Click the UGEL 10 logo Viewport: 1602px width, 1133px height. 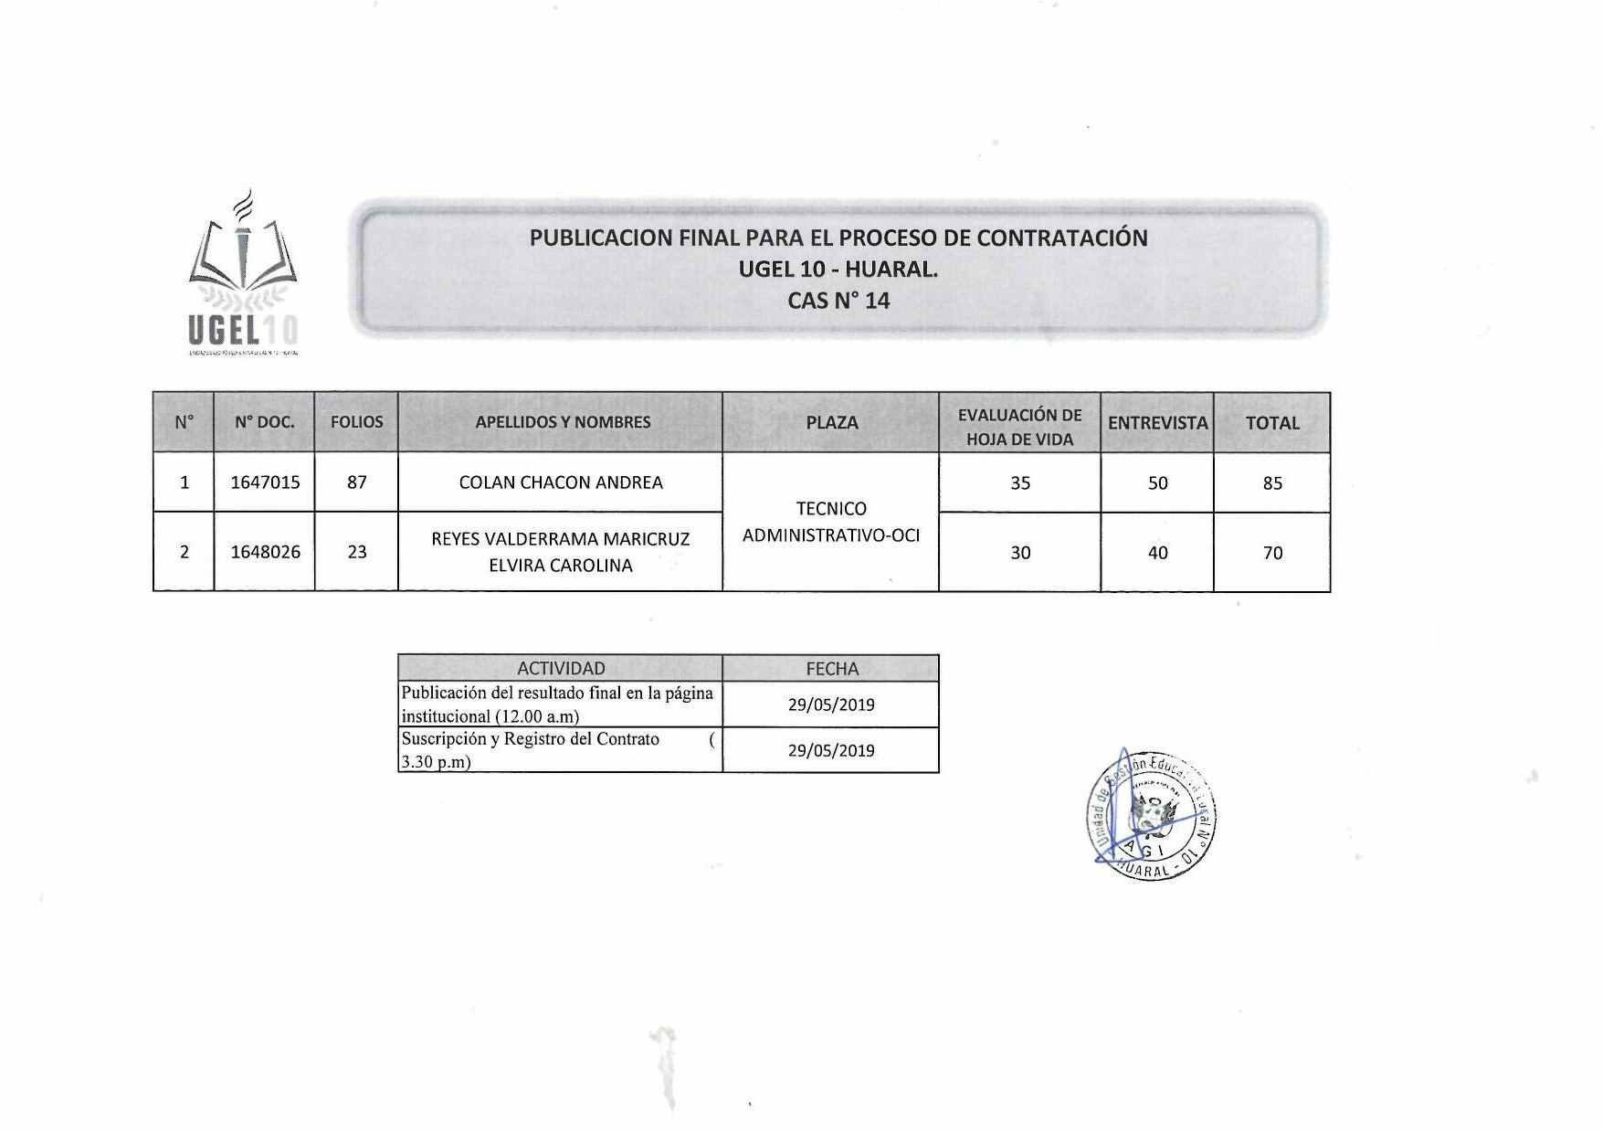tap(243, 274)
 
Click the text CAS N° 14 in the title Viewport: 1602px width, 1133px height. tap(838, 301)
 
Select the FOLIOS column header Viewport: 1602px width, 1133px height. tap(356, 422)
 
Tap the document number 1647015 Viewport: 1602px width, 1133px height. tap(265, 482)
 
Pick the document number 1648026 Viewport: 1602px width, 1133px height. tap(265, 552)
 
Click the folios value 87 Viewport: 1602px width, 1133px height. tap(356, 482)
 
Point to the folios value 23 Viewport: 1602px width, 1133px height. tap(356, 552)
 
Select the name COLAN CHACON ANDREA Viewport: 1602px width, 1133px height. tap(561, 482)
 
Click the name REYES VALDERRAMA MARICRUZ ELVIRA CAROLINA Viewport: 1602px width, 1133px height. tap(561, 552)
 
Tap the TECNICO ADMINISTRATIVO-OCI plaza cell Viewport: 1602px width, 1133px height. tap(831, 522)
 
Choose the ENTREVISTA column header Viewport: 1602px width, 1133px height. tap(1157, 423)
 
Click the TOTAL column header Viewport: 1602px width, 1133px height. tap(1272, 423)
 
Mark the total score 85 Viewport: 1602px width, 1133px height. tap(1272, 483)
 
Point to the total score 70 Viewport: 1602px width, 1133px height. tap(1272, 553)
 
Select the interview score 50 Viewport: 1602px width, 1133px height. tap(1157, 483)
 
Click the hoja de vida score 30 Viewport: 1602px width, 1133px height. tap(1020, 553)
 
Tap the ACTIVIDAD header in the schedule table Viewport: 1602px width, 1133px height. tap(561, 668)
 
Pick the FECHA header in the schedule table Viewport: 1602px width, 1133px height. tap(831, 669)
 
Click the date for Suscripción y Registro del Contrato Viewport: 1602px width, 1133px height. tap(831, 750)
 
